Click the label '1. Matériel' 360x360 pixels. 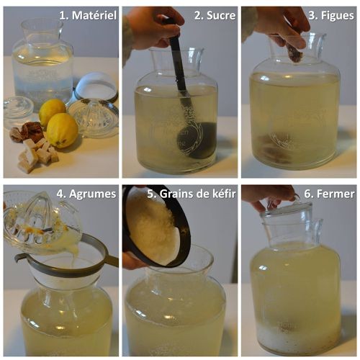click(x=88, y=15)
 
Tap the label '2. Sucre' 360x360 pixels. click(x=215, y=15)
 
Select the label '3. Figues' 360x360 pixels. click(x=331, y=16)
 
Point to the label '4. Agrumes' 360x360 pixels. click(x=86, y=194)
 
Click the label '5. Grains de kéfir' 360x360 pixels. click(x=192, y=194)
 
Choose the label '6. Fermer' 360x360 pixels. click(x=329, y=194)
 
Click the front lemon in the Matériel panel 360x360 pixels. click(x=62, y=130)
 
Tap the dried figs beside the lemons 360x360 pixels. click(x=25, y=132)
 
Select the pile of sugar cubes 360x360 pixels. click(x=38, y=155)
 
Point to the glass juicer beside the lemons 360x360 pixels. click(x=94, y=117)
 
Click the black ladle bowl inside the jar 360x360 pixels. click(x=197, y=140)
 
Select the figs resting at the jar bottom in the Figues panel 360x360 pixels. click(x=274, y=148)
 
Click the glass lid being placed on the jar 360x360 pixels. click(x=286, y=208)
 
